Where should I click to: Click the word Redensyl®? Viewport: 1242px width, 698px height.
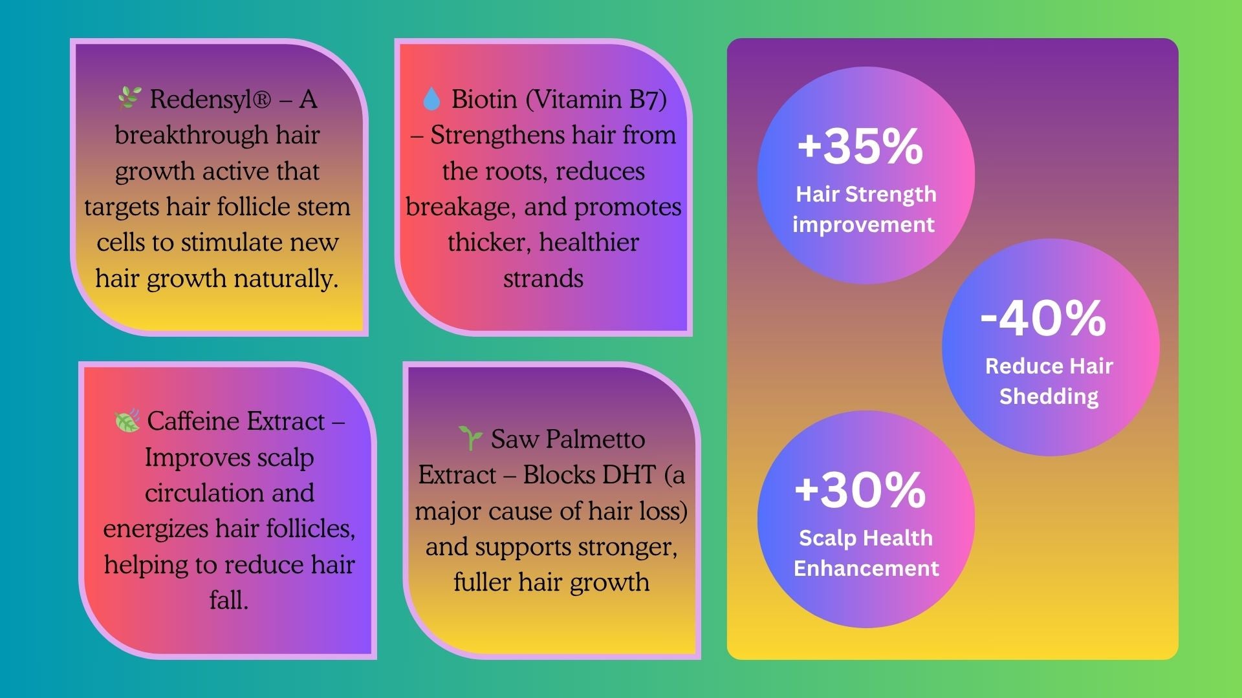click(210, 100)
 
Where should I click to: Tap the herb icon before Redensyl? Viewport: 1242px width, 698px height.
click(129, 98)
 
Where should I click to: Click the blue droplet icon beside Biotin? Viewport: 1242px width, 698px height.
click(431, 100)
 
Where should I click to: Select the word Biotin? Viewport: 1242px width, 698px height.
click(485, 100)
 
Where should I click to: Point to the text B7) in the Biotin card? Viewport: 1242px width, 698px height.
click(648, 100)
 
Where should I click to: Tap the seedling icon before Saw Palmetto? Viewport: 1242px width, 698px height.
click(470, 438)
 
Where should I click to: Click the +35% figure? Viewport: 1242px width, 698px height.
click(860, 146)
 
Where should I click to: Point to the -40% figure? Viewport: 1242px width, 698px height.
click(1043, 318)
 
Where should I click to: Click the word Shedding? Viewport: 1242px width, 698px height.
click(1049, 397)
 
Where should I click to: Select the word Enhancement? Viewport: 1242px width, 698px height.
click(866, 568)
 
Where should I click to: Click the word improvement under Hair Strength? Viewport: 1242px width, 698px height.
click(864, 225)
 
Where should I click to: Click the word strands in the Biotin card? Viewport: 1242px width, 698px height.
click(543, 279)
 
